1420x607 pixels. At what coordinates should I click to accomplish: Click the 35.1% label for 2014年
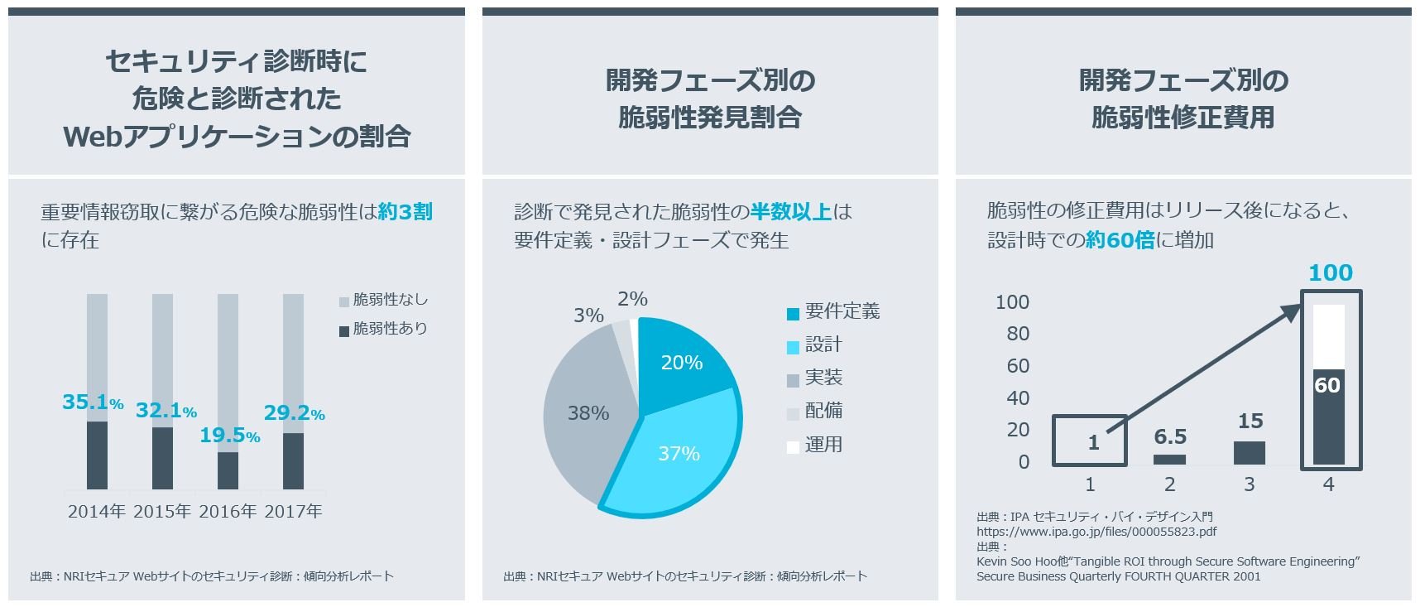(x=92, y=402)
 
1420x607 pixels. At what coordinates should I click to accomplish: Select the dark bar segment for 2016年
(x=228, y=470)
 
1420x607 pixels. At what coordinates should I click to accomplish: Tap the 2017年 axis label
(x=294, y=512)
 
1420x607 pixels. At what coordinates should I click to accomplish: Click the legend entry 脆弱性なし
(x=383, y=300)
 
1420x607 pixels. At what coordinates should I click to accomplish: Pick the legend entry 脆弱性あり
(x=383, y=329)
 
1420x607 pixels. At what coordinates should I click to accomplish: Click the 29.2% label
(x=294, y=413)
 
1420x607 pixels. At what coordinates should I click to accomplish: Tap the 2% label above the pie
(x=632, y=299)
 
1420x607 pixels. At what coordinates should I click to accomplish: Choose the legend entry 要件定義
(x=833, y=312)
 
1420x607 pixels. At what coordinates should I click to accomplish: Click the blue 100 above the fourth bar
(x=1330, y=272)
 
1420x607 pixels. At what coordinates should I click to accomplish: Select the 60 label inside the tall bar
(x=1327, y=385)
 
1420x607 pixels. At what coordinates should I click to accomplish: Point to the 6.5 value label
(x=1170, y=436)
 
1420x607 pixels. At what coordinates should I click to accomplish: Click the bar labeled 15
(x=1250, y=453)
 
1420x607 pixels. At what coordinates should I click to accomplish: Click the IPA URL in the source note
(x=1096, y=532)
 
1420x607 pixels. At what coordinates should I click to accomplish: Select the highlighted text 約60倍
(x=1120, y=240)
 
